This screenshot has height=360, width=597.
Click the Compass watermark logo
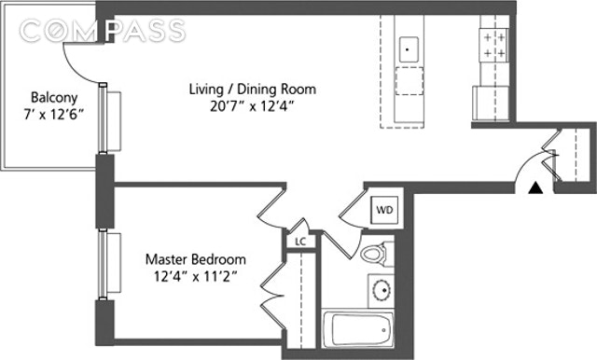(x=102, y=31)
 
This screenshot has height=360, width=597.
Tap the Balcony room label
(x=54, y=98)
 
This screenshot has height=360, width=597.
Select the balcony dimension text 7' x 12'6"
(x=54, y=114)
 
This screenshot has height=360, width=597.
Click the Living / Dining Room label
(x=253, y=90)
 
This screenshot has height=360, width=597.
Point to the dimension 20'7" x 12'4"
(x=253, y=106)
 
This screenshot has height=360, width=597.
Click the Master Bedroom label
(x=196, y=259)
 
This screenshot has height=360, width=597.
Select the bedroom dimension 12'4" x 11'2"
(x=196, y=276)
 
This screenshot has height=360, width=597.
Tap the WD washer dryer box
(x=384, y=210)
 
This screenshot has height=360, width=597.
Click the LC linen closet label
(x=300, y=242)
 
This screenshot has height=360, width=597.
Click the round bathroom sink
(x=382, y=291)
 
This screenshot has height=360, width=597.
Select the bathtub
(x=357, y=329)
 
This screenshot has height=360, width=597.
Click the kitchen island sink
(x=409, y=49)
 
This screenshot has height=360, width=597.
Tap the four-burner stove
(x=493, y=46)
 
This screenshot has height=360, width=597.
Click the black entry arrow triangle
(x=535, y=188)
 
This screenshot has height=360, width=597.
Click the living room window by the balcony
(x=103, y=118)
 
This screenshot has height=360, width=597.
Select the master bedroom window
(x=103, y=265)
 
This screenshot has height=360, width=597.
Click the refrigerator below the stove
(x=491, y=104)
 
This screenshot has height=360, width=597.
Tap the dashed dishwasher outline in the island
(x=410, y=81)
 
